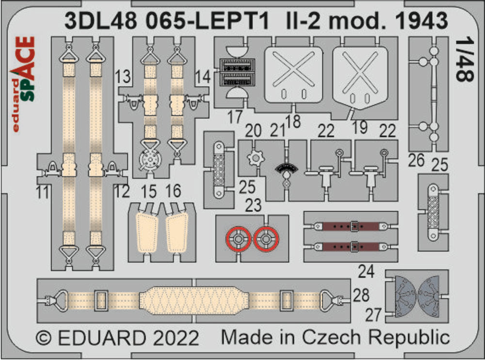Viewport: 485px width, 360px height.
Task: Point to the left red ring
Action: (x=238, y=239)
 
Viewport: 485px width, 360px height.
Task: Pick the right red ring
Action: (x=266, y=239)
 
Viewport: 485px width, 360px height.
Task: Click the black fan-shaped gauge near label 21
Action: (x=287, y=170)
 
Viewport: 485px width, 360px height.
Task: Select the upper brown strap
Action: (x=347, y=226)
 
